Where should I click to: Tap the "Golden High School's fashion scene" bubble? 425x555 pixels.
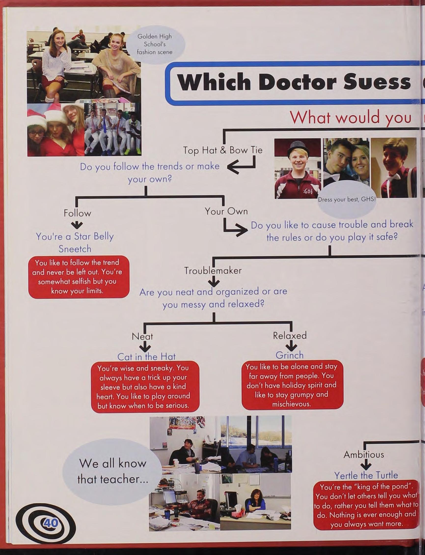155,44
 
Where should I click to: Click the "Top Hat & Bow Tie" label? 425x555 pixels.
223,150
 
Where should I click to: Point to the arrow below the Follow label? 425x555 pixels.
76,225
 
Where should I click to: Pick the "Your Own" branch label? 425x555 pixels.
226,211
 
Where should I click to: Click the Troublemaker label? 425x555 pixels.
213,271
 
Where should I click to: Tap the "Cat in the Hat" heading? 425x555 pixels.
146,356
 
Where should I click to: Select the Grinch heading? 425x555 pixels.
289,355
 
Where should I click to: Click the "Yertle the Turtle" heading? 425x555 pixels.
366,475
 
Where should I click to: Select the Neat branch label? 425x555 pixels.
142,336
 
